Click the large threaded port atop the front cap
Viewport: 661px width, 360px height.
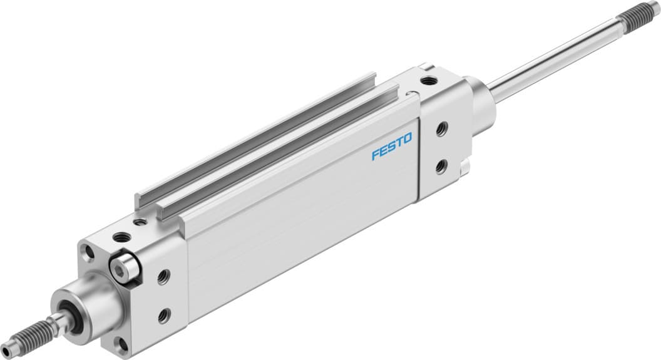tap(120, 237)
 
